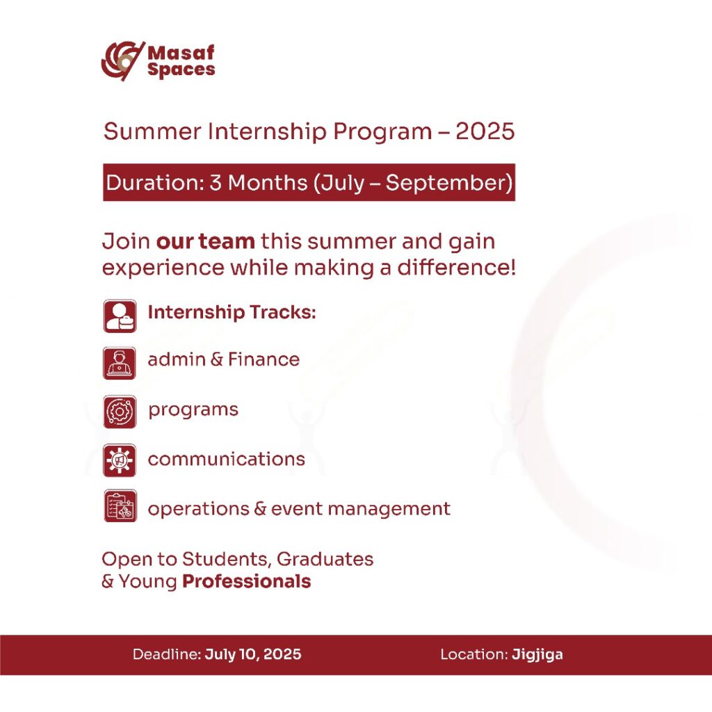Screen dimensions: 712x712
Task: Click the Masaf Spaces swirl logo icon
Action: click(x=122, y=61)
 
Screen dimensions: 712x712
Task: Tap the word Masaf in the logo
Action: click(x=181, y=53)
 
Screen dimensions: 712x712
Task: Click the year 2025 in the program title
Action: click(x=485, y=131)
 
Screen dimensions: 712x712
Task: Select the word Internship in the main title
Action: click(x=267, y=132)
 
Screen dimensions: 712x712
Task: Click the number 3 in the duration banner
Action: click(x=216, y=183)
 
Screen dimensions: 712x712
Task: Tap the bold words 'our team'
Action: click(x=205, y=241)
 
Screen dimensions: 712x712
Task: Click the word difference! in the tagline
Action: click(x=457, y=267)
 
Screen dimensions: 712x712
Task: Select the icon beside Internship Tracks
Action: click(x=120, y=316)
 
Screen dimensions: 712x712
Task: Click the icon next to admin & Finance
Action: click(x=120, y=363)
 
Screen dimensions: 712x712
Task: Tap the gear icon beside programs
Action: click(x=120, y=412)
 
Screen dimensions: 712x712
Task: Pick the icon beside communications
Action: click(x=120, y=460)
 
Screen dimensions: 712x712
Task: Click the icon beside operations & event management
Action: click(x=120, y=506)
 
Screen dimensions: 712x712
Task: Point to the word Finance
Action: click(x=264, y=359)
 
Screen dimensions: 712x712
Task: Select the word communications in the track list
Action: click(x=226, y=459)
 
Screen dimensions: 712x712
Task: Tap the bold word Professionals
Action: click(x=247, y=582)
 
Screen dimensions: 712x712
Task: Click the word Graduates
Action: click(x=325, y=560)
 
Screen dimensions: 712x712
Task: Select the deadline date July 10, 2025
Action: click(x=253, y=654)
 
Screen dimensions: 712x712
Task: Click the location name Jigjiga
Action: click(x=537, y=655)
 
